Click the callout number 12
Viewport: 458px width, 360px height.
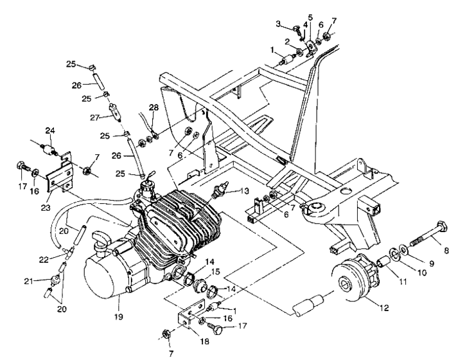[383, 308]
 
